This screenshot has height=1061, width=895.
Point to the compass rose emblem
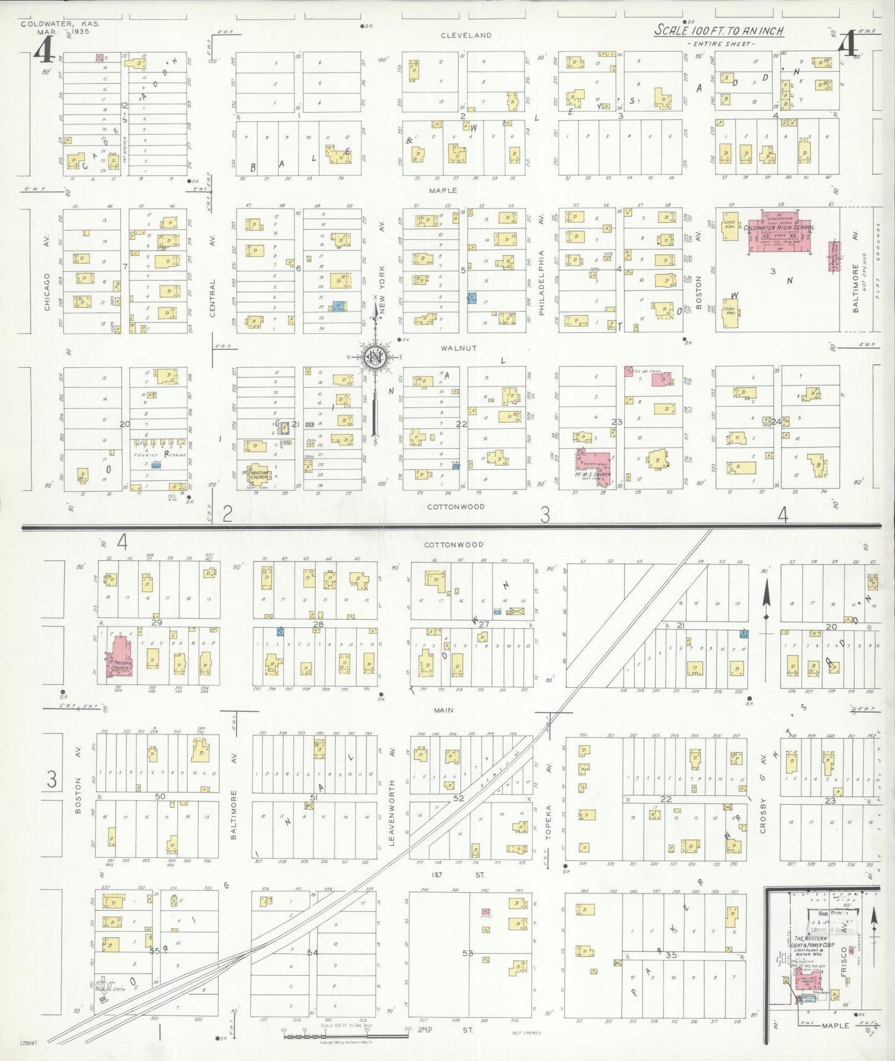coord(375,357)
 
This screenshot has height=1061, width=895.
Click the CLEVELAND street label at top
coord(466,35)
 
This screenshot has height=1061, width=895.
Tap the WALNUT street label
coord(458,348)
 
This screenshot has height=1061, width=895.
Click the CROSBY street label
coord(763,815)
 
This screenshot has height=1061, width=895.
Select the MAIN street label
coord(443,710)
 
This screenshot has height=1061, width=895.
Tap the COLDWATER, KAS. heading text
coord(59,24)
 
